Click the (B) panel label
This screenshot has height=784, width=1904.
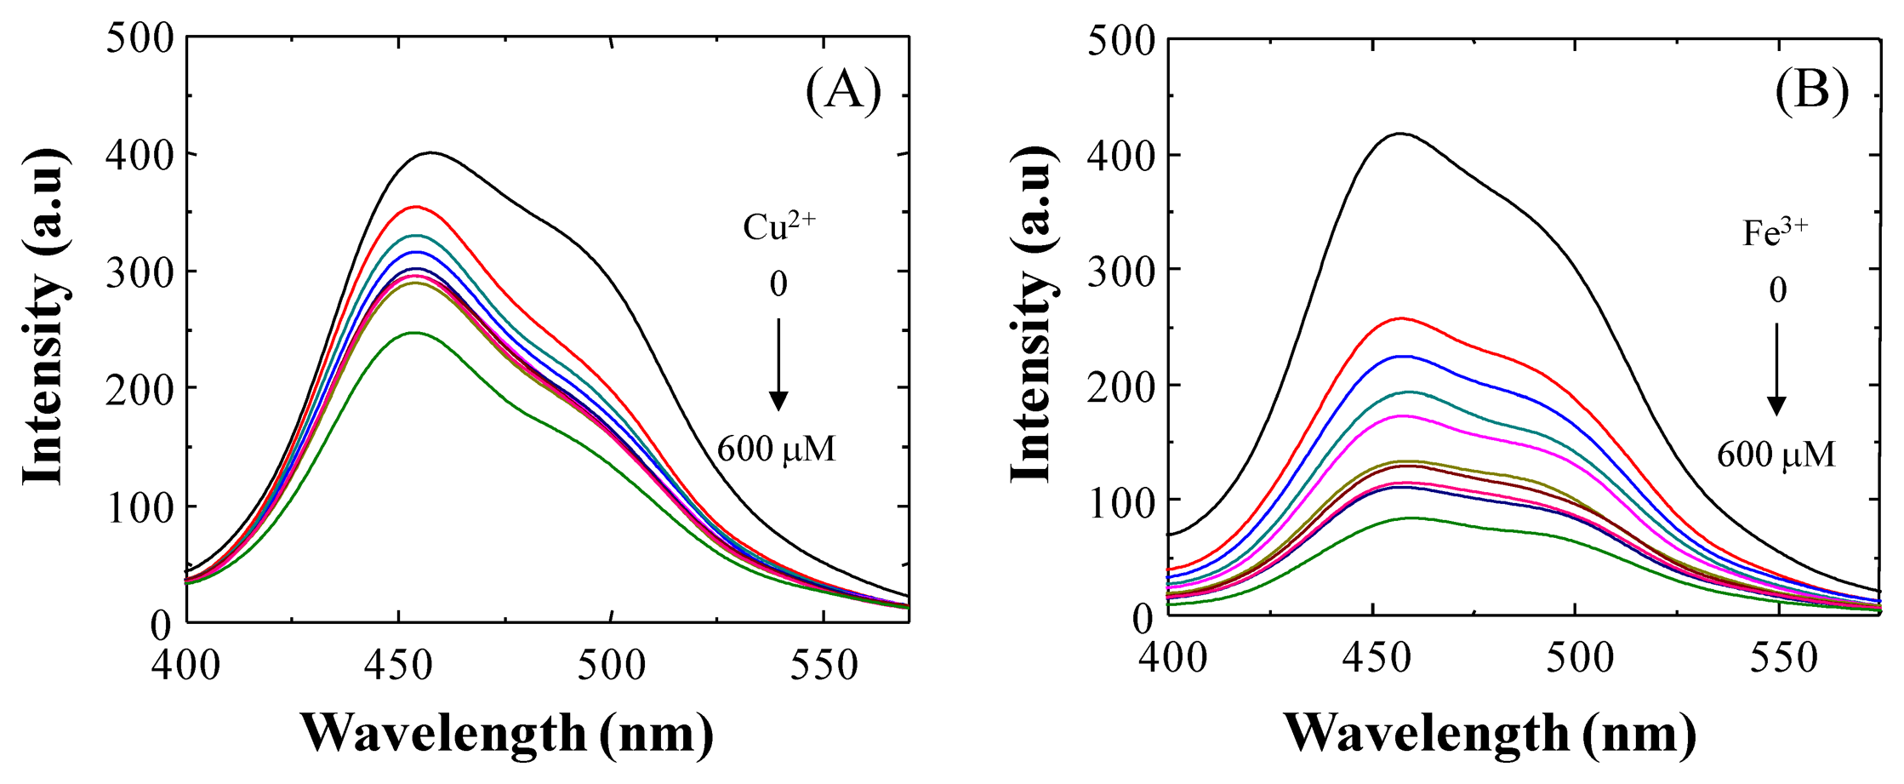point(1812,89)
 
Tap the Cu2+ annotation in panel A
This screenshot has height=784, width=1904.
point(778,226)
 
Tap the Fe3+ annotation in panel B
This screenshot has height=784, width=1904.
point(1776,232)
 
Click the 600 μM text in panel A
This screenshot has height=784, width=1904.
point(776,449)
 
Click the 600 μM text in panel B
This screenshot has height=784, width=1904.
point(1776,455)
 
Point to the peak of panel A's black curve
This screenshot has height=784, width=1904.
point(432,153)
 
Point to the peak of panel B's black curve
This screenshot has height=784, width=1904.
point(1399,134)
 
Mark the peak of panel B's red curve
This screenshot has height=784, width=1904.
point(1400,318)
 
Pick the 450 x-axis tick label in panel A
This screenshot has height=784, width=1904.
point(398,665)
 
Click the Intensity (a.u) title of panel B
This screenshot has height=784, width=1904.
point(1031,315)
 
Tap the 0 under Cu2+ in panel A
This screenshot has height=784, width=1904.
point(778,284)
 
